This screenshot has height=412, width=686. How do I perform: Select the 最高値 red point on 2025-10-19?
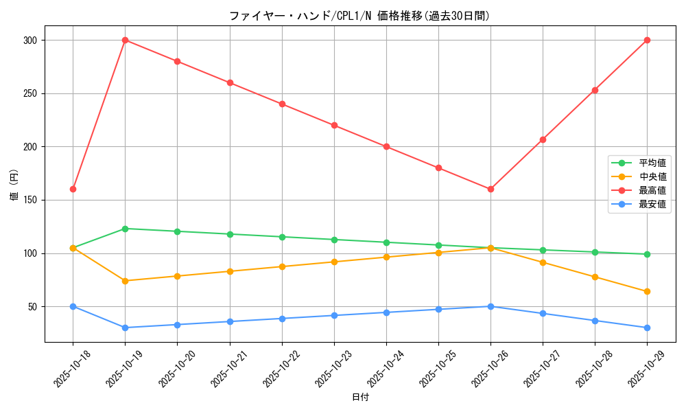pyautogui.click(x=125, y=40)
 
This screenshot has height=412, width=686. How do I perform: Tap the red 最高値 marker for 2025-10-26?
pyautogui.click(x=490, y=189)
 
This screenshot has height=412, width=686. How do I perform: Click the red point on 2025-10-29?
pyautogui.click(x=647, y=40)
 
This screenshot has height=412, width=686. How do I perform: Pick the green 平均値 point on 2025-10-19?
pyautogui.click(x=125, y=229)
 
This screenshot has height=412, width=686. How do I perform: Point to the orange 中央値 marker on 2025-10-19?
pyautogui.click(x=125, y=281)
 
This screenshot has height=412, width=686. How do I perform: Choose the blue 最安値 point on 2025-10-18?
pyautogui.click(x=73, y=306)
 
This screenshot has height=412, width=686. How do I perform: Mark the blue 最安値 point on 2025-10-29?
pyautogui.click(x=647, y=328)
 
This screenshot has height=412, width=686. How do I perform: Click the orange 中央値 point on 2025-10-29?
pyautogui.click(x=647, y=291)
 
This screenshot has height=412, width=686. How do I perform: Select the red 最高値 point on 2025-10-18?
pyautogui.click(x=73, y=189)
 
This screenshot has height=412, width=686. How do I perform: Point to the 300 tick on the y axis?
pyautogui.click(x=29, y=40)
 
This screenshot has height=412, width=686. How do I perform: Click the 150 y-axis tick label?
pyautogui.click(x=29, y=200)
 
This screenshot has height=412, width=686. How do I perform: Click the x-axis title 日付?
pyautogui.click(x=359, y=398)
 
